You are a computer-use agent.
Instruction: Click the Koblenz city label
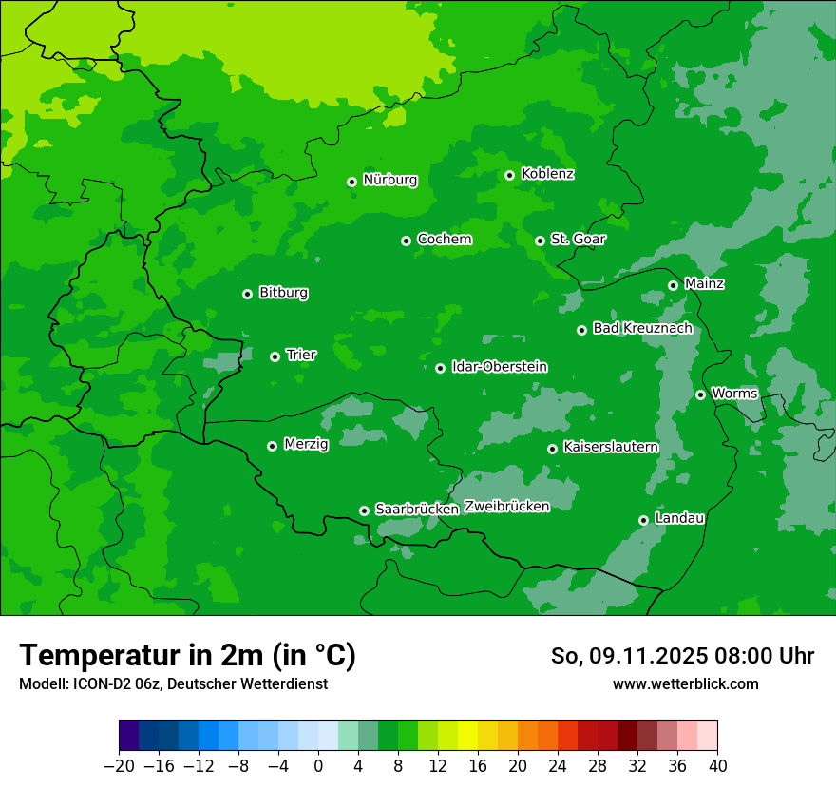547,174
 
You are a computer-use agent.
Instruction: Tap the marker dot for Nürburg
351,182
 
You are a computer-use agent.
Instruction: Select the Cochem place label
444,240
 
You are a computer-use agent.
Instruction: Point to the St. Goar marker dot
540,241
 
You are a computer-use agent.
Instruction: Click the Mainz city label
704,284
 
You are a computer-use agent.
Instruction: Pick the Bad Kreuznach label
642,329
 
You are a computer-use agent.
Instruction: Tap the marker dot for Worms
700,394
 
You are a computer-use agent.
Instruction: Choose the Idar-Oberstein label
499,367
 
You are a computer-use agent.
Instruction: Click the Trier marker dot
275,356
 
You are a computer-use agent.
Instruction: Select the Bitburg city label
283,293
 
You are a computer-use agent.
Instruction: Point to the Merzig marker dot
272,446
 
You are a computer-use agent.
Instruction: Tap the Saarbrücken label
417,510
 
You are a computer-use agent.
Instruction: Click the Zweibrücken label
506,507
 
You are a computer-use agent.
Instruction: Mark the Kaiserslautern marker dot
552,449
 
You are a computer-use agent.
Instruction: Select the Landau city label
679,519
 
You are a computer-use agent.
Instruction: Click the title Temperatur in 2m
187,656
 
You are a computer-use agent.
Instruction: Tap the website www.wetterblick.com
685,684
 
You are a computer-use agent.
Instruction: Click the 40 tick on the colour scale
717,766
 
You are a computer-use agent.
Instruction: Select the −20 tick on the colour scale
119,766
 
